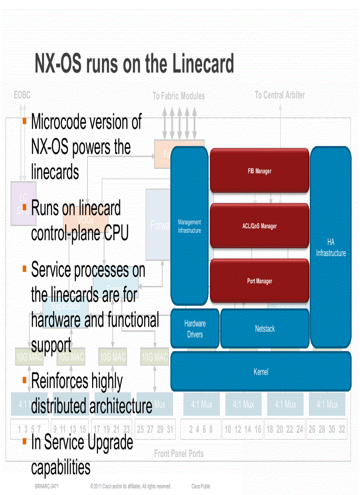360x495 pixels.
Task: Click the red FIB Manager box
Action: (x=259, y=171)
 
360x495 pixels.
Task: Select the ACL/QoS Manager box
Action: (x=259, y=226)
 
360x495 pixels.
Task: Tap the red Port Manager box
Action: (x=259, y=281)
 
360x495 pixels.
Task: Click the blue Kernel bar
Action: (x=261, y=372)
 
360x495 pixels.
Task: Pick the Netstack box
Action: (x=265, y=329)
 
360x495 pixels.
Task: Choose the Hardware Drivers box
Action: (x=195, y=329)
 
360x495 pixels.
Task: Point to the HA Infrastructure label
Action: (x=331, y=248)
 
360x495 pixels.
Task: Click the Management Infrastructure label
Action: (x=189, y=226)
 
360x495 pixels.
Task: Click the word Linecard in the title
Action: (x=201, y=64)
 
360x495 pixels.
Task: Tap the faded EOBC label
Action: (x=22, y=95)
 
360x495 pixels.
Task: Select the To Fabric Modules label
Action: (x=179, y=96)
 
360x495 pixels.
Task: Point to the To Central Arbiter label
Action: (x=280, y=95)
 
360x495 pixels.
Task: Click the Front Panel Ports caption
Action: (x=179, y=453)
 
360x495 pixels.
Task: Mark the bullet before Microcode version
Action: (x=25, y=119)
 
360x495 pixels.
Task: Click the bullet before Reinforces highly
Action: (x=25, y=378)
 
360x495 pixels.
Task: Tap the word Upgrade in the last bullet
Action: (x=105, y=442)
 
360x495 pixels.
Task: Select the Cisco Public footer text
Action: (x=201, y=486)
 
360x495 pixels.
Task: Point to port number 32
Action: (x=341, y=429)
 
